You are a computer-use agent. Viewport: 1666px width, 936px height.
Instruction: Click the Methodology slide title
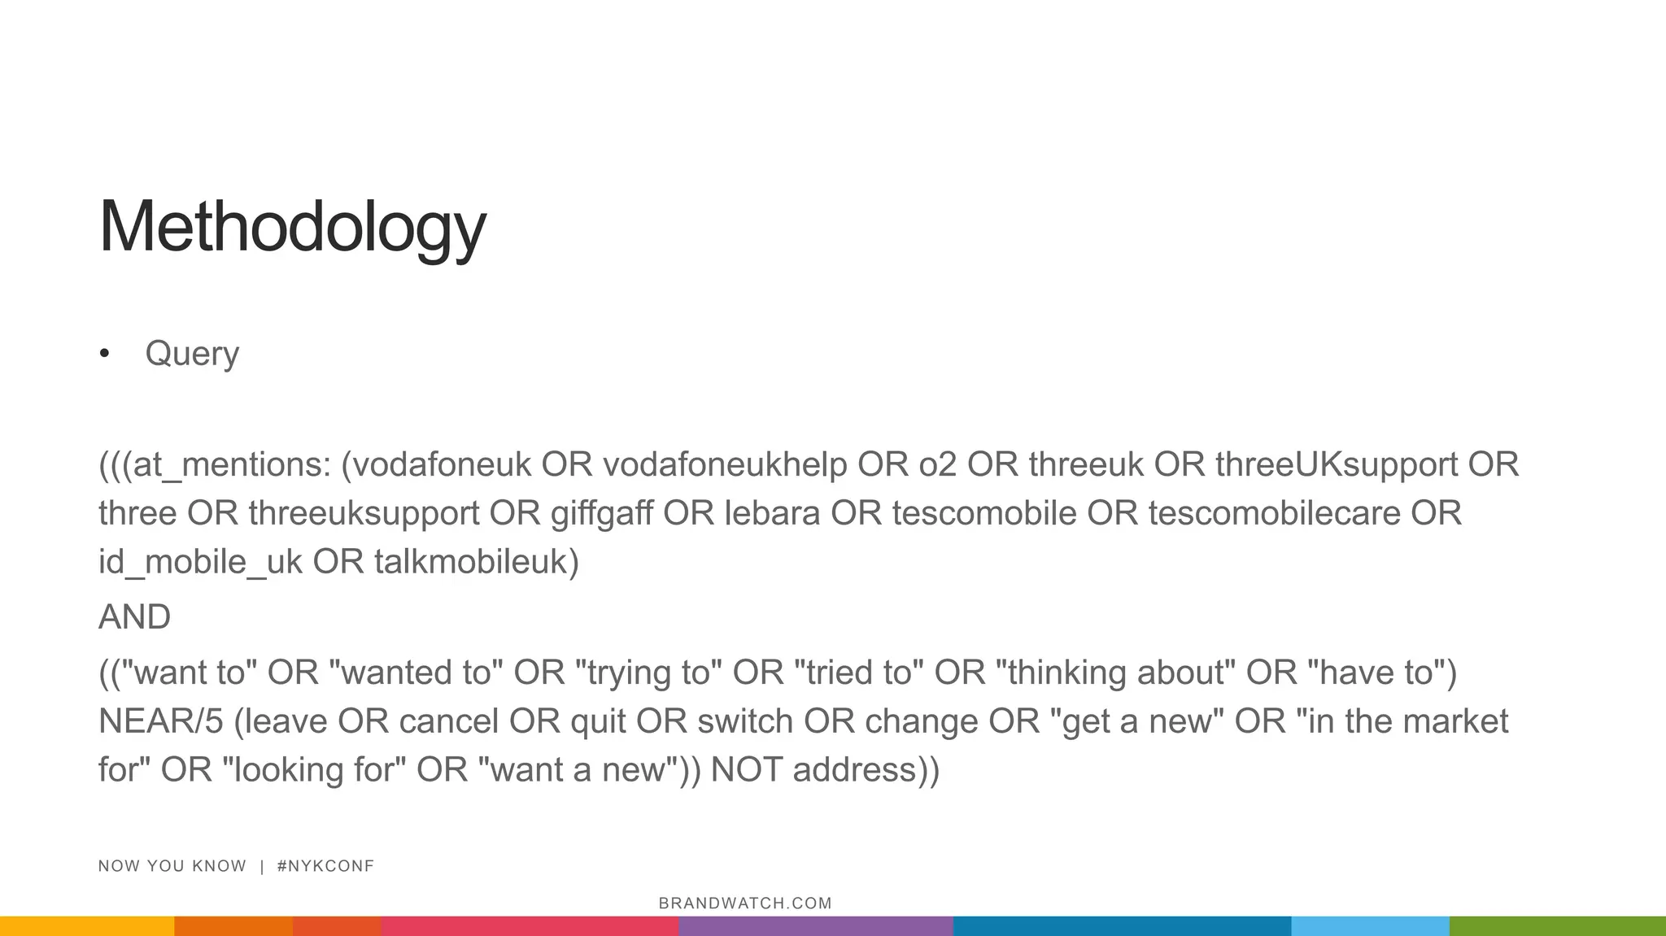pyautogui.click(x=292, y=227)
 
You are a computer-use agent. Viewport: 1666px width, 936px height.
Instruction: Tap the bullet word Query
pyautogui.click(x=192, y=354)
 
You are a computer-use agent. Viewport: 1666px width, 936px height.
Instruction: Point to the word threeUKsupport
pyautogui.click(x=1336, y=465)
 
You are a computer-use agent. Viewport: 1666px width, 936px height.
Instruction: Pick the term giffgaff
pyautogui.click(x=601, y=514)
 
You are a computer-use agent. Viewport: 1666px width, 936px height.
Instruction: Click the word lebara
pyautogui.click(x=772, y=514)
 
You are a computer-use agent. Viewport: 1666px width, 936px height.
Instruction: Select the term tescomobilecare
pyautogui.click(x=1274, y=514)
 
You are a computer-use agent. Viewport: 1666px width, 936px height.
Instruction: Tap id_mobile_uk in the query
pyautogui.click(x=200, y=563)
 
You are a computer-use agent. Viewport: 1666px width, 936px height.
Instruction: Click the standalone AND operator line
pyautogui.click(x=134, y=617)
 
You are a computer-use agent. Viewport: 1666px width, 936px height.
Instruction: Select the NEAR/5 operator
pyautogui.click(x=160, y=722)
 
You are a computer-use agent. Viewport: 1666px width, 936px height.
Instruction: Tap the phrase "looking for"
pyautogui.click(x=314, y=770)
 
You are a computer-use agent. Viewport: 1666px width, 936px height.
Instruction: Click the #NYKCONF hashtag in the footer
pyautogui.click(x=325, y=866)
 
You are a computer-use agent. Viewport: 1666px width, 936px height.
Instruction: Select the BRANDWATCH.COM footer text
pyautogui.click(x=745, y=903)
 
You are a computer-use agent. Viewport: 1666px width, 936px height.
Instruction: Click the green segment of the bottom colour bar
pyautogui.click(x=1557, y=926)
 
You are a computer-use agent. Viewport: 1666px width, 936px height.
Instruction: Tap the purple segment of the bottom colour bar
pyautogui.click(x=815, y=926)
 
